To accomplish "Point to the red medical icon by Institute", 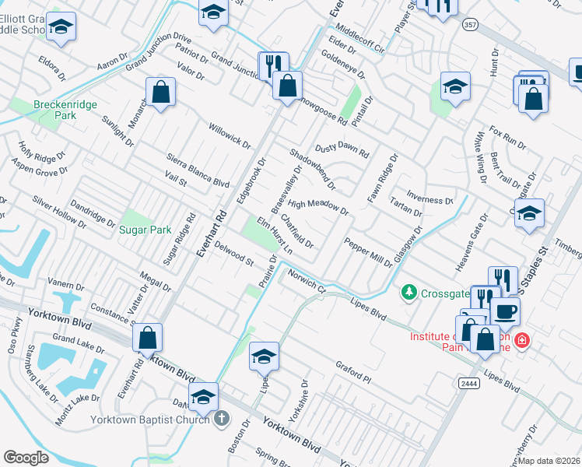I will click(521, 341).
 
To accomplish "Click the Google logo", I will click(26, 458).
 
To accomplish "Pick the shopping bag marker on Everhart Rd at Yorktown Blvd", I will click(147, 337).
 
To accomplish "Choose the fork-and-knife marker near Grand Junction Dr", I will click(272, 65).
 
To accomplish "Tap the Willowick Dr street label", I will click(230, 134).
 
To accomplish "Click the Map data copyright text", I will click(549, 460).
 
